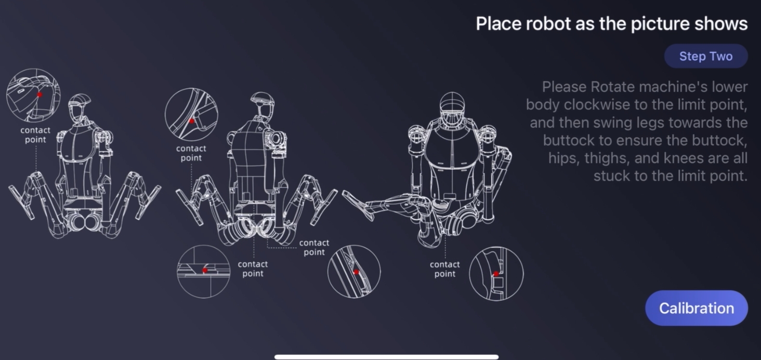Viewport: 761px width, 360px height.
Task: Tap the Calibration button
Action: click(697, 308)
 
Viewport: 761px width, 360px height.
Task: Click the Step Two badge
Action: click(706, 56)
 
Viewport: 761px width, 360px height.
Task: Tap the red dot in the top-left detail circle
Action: click(40, 95)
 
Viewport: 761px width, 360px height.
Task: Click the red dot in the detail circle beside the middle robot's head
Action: click(192, 121)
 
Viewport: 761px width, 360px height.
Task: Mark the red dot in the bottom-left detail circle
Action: click(205, 270)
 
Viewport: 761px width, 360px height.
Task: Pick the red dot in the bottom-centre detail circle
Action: click(357, 272)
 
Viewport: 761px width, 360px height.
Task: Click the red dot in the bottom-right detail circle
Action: click(496, 274)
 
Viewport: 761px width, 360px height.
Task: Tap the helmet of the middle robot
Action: click(263, 99)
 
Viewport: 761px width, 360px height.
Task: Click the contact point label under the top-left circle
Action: click(35, 135)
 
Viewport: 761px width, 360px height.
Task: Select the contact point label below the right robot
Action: click(445, 269)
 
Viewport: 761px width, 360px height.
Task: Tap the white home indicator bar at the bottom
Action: click(386, 357)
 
